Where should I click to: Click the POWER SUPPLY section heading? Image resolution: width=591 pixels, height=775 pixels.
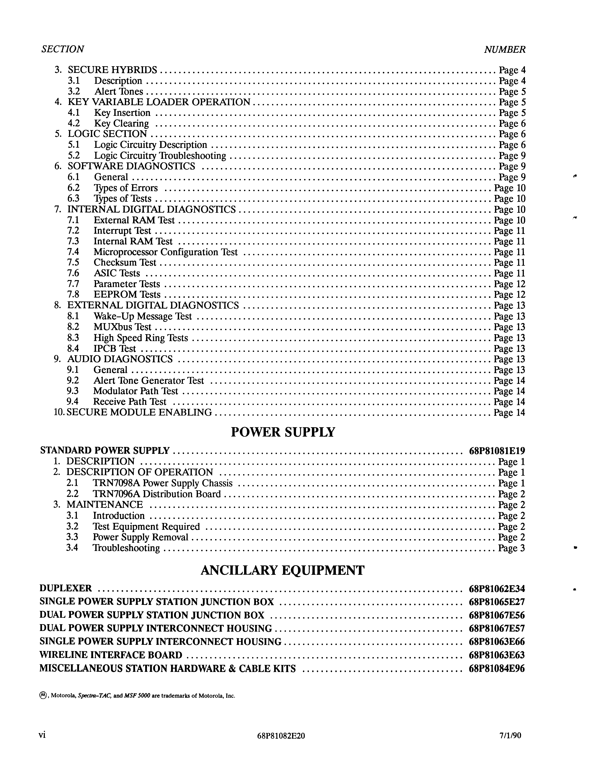283,432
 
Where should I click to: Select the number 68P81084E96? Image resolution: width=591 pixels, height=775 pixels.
497,669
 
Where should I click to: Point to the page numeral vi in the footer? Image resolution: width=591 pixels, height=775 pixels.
42,735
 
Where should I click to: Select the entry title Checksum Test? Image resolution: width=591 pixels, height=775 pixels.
125,263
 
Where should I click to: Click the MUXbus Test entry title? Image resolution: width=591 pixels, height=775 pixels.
122,327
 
